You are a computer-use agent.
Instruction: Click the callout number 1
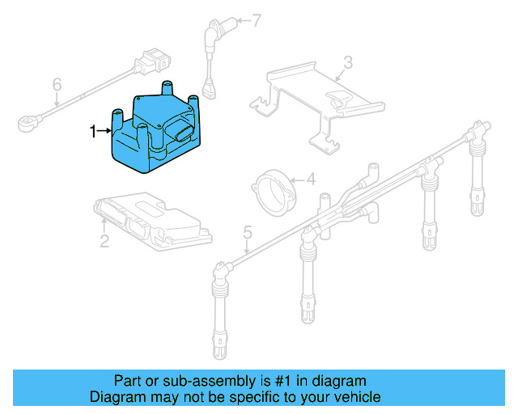[x=92, y=130]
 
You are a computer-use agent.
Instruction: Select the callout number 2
[x=104, y=240]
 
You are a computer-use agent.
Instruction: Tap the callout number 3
[x=348, y=62]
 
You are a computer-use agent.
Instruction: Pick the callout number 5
[x=248, y=233]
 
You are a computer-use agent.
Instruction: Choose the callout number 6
[x=57, y=85]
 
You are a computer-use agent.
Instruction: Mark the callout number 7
[x=257, y=21]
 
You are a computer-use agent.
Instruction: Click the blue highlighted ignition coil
[x=158, y=133]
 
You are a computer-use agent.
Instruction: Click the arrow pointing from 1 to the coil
[x=104, y=130]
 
